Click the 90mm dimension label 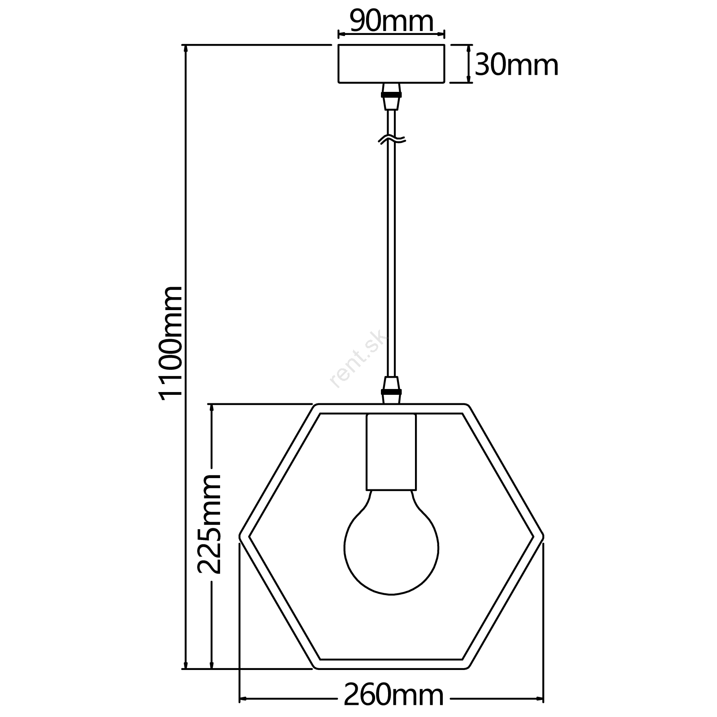point(391,22)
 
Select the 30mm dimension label point(517,65)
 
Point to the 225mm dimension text point(209,523)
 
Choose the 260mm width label point(393,695)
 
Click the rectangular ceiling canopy point(391,64)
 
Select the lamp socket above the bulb point(391,452)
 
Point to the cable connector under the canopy point(391,96)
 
